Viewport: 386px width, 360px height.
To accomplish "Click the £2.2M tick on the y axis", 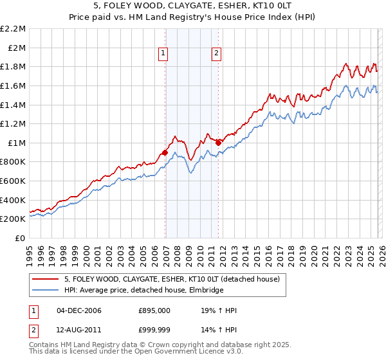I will (x=14, y=29).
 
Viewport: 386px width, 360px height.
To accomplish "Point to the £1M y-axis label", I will (x=17, y=143).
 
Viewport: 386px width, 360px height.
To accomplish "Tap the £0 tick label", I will (x=20, y=238).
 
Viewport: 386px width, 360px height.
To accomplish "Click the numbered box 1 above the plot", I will (x=164, y=54).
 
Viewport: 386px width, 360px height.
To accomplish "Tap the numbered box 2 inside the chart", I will (x=216, y=54).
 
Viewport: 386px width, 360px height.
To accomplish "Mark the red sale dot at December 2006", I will (x=165, y=152).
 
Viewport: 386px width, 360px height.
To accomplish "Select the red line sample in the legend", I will (x=46, y=280).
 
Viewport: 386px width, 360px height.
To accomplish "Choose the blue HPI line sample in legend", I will (x=46, y=291).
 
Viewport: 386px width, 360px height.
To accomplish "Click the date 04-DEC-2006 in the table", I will (x=79, y=311).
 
